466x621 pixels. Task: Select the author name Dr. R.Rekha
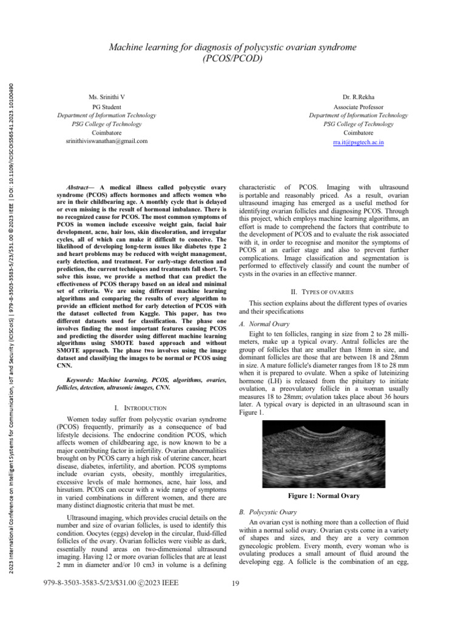pyautogui.click(x=359, y=97)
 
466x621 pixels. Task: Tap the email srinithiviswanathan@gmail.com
pyautogui.click(x=106, y=141)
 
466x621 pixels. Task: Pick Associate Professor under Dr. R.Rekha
pyautogui.click(x=359, y=106)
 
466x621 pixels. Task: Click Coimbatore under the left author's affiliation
pyautogui.click(x=106, y=132)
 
